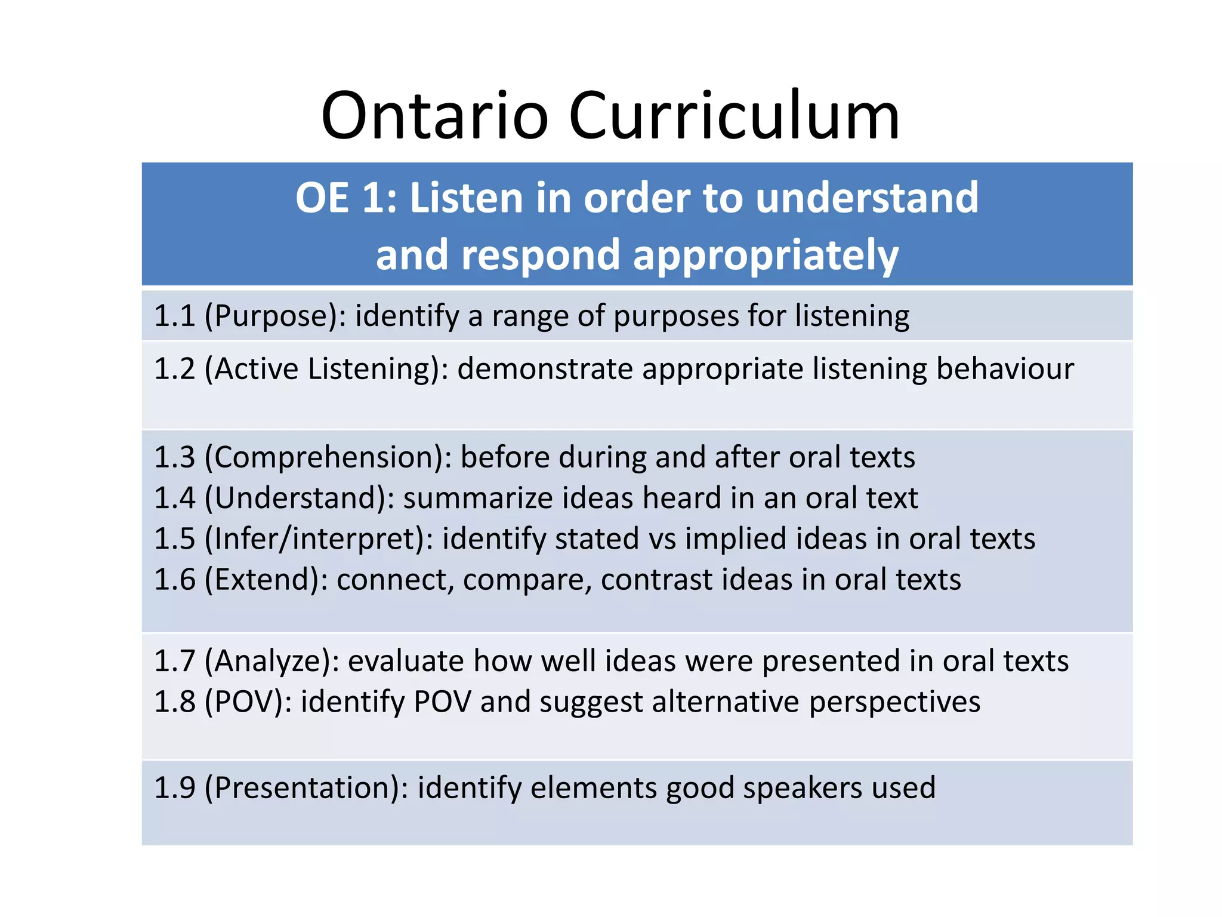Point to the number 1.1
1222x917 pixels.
point(174,316)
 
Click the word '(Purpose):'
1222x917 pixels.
point(275,316)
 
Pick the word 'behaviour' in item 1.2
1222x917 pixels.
point(1005,368)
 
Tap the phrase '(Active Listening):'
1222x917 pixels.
point(326,368)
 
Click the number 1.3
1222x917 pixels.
point(174,457)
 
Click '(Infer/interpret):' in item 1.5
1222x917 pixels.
point(319,538)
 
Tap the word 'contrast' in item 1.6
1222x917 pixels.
point(656,580)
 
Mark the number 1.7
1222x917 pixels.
point(174,661)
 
